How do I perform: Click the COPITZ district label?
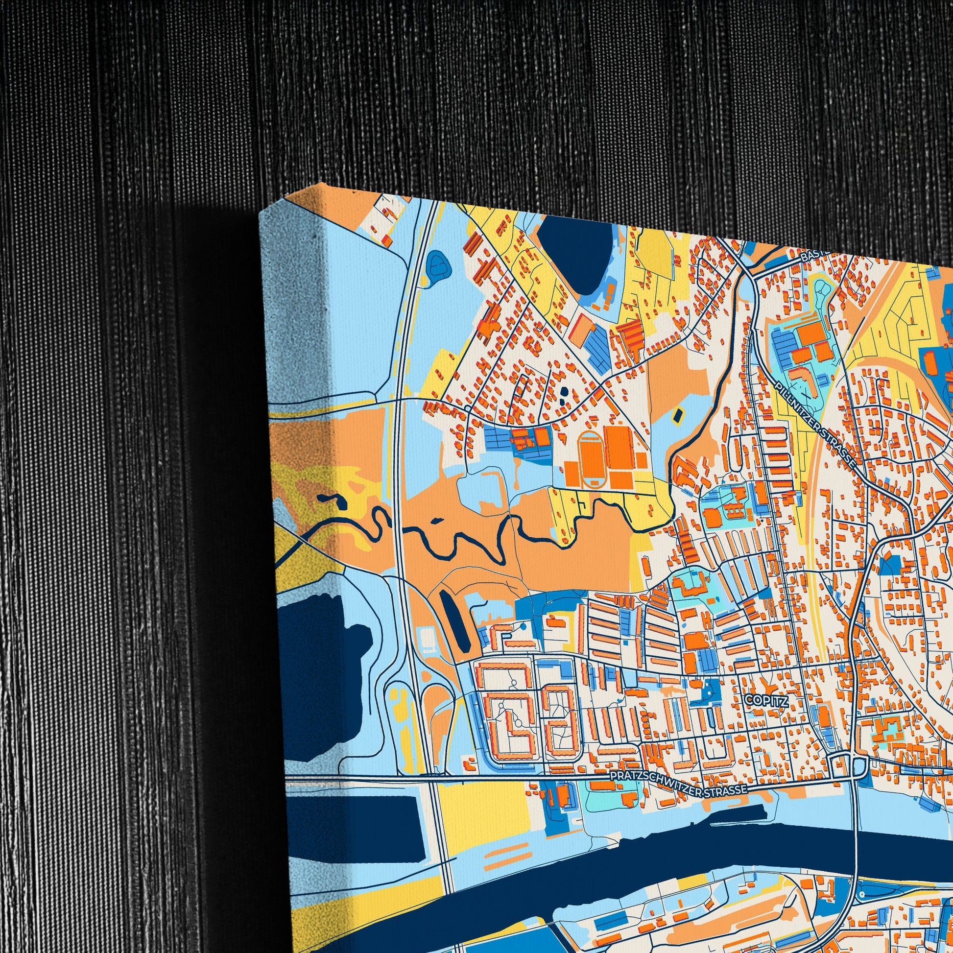coord(766,700)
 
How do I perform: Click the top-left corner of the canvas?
coord(261,213)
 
